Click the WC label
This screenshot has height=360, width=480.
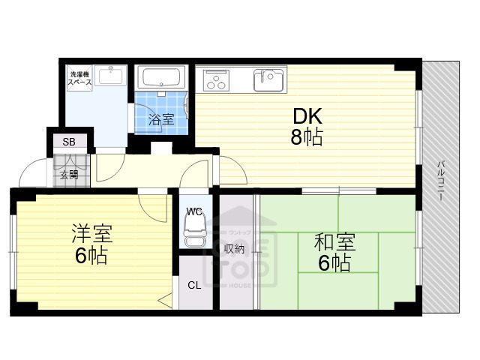click(194, 212)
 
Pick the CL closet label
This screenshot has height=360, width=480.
click(194, 285)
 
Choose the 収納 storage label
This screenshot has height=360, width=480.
click(235, 248)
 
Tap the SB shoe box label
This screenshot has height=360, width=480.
click(69, 142)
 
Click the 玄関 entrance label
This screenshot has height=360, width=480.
click(69, 175)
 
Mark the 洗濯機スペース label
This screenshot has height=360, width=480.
click(80, 79)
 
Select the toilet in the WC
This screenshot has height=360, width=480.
click(194, 235)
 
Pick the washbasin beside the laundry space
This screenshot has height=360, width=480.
click(112, 77)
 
